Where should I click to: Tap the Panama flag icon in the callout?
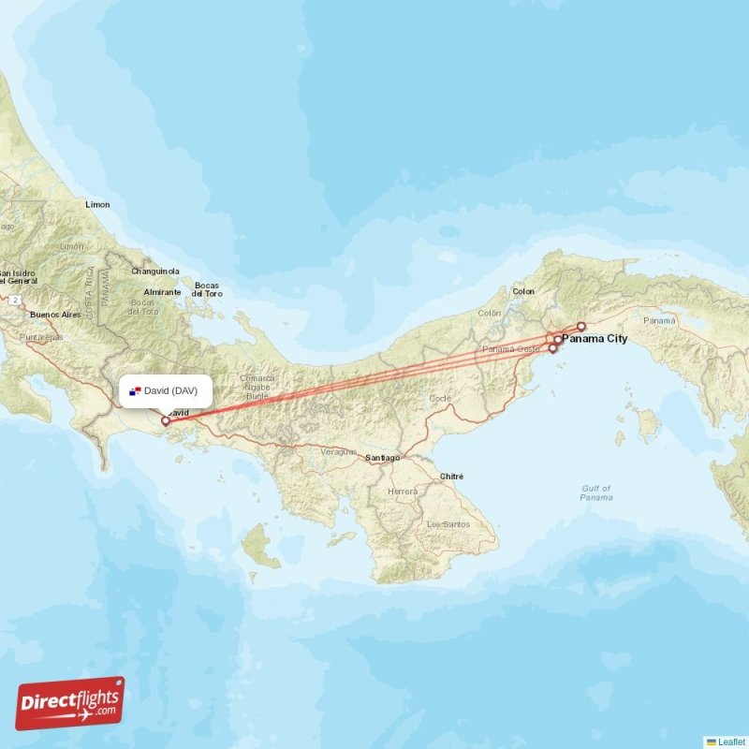(135, 390)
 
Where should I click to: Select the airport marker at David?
(167, 421)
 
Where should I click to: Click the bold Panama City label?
(595, 339)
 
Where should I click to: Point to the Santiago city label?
(383, 458)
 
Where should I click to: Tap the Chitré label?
(451, 476)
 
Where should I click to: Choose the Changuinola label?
(155, 272)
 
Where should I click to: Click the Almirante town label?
(163, 292)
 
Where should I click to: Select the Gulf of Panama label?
(595, 492)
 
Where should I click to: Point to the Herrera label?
(403, 491)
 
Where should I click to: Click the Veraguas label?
(338, 451)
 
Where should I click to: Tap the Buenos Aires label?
(55, 315)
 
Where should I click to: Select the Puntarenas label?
(41, 336)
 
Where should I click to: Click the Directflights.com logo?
(70, 703)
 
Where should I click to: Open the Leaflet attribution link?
(730, 742)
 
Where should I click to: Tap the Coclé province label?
(440, 398)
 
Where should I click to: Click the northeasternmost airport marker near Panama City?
(581, 327)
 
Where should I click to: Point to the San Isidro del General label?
(19, 275)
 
